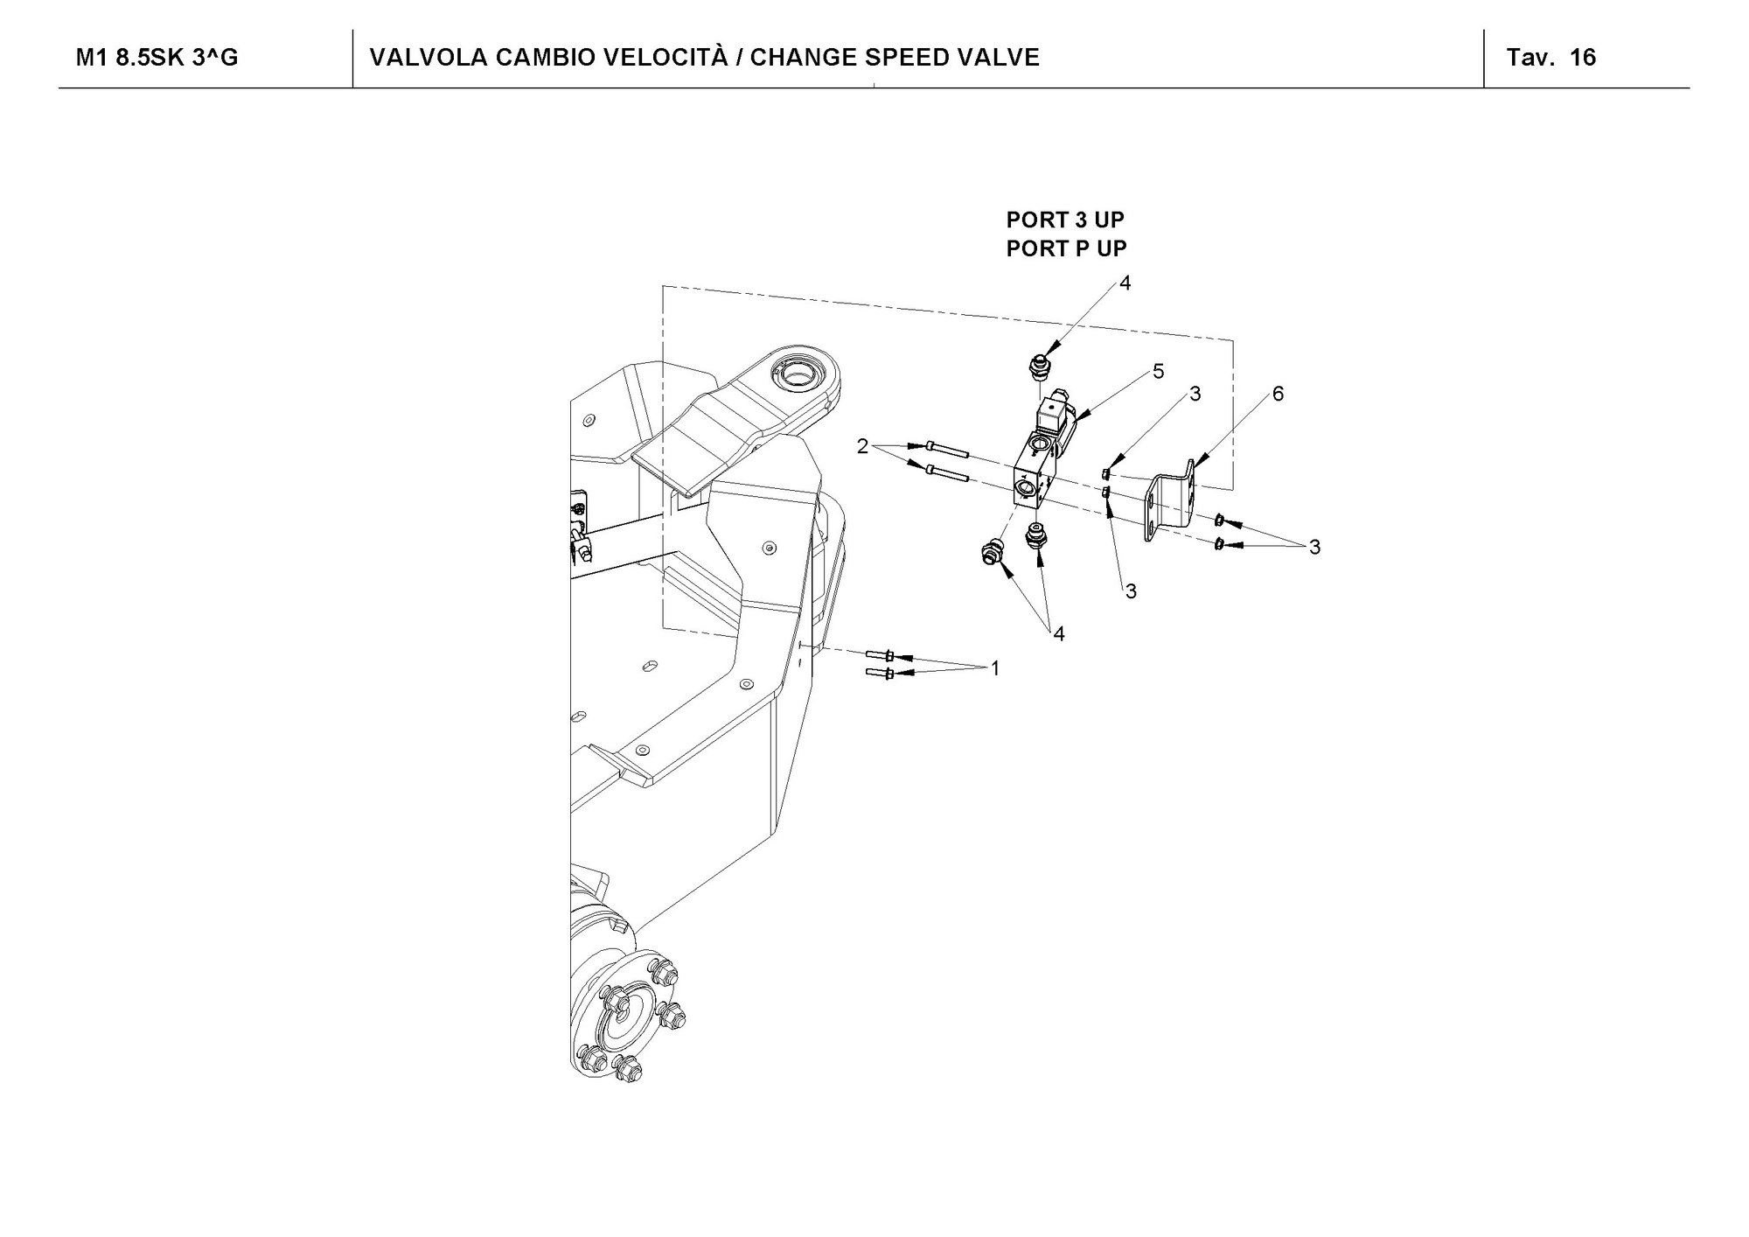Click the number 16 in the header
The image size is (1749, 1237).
(1583, 58)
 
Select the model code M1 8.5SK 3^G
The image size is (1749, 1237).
(157, 58)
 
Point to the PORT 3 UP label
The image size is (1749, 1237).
(1065, 220)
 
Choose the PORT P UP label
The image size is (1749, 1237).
(1066, 248)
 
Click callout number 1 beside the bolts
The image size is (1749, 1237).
(994, 669)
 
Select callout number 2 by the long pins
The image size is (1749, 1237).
(863, 447)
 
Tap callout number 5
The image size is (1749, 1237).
(1158, 372)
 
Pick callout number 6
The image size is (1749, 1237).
(1278, 395)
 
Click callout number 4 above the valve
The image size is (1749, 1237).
(1125, 283)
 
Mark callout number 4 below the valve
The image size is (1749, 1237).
(1059, 634)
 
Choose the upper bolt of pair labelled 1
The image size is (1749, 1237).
(880, 655)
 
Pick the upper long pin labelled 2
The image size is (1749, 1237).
(944, 450)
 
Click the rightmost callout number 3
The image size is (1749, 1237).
(1313, 548)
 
